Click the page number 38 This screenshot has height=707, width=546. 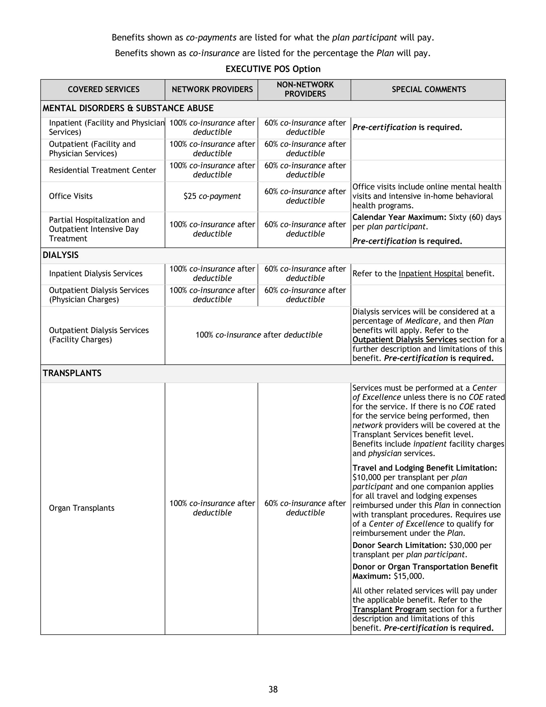click(273, 689)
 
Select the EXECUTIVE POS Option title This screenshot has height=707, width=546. click(273, 69)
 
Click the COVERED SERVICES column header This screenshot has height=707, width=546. click(103, 89)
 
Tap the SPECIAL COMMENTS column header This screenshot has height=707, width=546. click(429, 89)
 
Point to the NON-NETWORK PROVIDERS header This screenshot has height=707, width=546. click(305, 89)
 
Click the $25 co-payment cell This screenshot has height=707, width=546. click(212, 196)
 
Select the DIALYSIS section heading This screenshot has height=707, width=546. click(61, 255)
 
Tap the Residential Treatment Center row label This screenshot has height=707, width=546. click(102, 170)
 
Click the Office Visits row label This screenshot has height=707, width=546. click(70, 196)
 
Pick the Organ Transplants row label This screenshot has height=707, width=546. click(82, 508)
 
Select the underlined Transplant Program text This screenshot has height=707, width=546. click(389, 609)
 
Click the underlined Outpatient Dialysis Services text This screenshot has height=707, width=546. click(404, 340)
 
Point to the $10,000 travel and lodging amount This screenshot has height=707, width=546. click(367, 478)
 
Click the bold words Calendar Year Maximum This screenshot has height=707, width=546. click(399, 217)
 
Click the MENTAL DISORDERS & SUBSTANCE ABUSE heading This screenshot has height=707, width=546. click(128, 108)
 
